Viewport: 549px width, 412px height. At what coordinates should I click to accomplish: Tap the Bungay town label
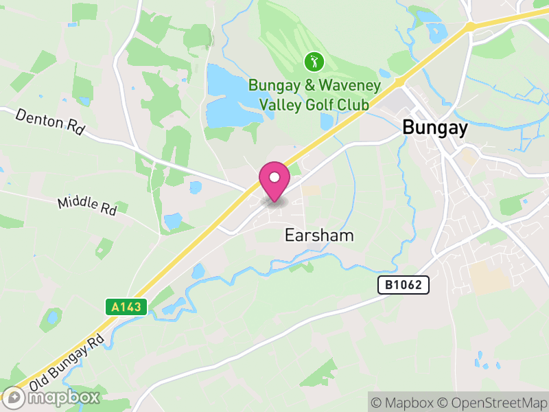435,128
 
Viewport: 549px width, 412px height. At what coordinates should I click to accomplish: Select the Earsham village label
319,236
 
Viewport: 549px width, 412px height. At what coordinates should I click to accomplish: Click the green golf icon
314,62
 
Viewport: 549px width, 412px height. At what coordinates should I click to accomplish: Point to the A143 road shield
127,306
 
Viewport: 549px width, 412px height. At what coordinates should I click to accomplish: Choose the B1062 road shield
404,285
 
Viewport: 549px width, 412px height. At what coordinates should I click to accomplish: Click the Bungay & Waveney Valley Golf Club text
314,95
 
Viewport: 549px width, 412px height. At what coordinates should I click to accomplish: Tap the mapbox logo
51,396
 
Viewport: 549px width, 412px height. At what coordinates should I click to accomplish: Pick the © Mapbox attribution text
405,402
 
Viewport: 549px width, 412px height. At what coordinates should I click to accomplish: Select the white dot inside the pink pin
274,178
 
